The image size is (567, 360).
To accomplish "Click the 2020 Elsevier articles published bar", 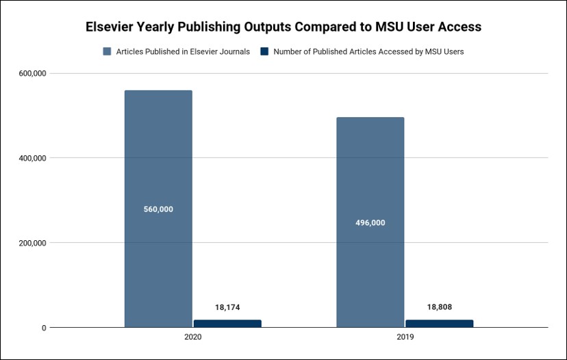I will (x=158, y=171).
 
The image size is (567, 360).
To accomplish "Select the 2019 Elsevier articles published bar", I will (x=370, y=178).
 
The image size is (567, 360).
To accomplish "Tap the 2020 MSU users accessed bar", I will (x=227, y=324).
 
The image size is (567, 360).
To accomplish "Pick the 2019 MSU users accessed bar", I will (x=439, y=324).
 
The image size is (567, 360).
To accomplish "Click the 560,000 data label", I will (x=158, y=209).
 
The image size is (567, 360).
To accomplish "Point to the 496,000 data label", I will (x=370, y=222).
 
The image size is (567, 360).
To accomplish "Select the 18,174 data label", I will (x=227, y=308).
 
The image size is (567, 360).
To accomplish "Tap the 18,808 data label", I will (x=439, y=307).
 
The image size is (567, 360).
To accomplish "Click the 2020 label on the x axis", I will (x=192, y=338).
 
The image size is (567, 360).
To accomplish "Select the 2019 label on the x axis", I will (x=405, y=338).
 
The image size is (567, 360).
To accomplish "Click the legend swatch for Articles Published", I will (x=107, y=51).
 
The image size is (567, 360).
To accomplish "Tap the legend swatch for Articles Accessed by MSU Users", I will (x=264, y=51).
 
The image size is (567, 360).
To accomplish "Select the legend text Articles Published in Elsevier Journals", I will (x=183, y=51).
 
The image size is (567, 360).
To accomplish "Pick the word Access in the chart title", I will (x=461, y=27).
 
